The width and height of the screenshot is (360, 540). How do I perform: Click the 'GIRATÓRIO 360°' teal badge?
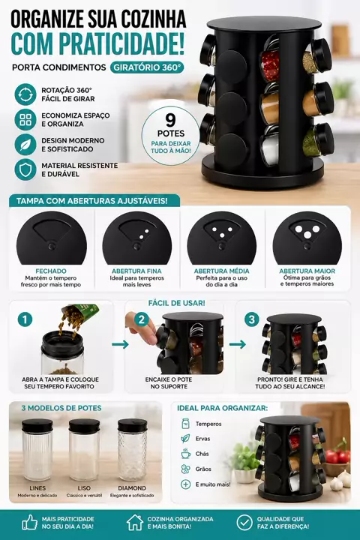pyautogui.click(x=147, y=67)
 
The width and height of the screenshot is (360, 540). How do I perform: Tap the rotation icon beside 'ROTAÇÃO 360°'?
pyautogui.click(x=25, y=94)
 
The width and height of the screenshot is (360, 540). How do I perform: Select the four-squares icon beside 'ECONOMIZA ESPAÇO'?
pyautogui.click(x=25, y=119)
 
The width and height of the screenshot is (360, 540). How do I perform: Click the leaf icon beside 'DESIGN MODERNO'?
pyautogui.click(x=25, y=145)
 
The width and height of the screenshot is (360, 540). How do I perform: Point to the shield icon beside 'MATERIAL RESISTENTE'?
pyautogui.click(x=25, y=169)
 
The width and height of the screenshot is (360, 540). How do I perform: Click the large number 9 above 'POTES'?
pyautogui.click(x=170, y=120)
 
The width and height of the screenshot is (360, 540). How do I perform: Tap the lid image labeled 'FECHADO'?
pyautogui.click(x=51, y=238)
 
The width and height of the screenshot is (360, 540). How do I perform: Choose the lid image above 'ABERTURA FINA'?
pyautogui.click(x=136, y=238)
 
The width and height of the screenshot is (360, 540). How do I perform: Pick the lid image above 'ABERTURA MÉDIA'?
pyautogui.click(x=221, y=238)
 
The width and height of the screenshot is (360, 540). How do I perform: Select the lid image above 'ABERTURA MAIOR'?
pyautogui.click(x=307, y=238)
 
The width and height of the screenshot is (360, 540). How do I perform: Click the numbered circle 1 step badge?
pyautogui.click(x=25, y=319)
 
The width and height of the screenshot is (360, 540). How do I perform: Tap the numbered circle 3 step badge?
pyautogui.click(x=252, y=319)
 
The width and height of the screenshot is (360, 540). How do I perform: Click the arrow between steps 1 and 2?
pyautogui.click(x=120, y=344)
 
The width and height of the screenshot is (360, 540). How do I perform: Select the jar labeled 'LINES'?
pyautogui.click(x=37, y=449)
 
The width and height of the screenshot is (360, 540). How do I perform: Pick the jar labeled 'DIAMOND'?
pyautogui.click(x=132, y=449)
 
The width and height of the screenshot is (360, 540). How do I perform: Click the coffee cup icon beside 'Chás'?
pyautogui.click(x=186, y=454)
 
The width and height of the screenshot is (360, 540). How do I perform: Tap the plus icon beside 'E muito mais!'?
pyautogui.click(x=186, y=484)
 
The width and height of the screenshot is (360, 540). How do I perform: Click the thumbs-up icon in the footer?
pyautogui.click(x=30, y=523)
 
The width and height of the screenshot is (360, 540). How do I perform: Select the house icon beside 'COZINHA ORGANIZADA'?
pyautogui.click(x=135, y=523)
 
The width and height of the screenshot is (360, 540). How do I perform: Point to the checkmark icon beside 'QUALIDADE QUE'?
pyautogui.click(x=244, y=523)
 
